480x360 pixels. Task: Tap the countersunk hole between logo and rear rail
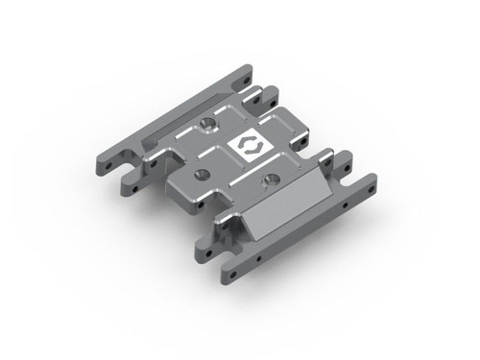[x=207, y=126]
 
